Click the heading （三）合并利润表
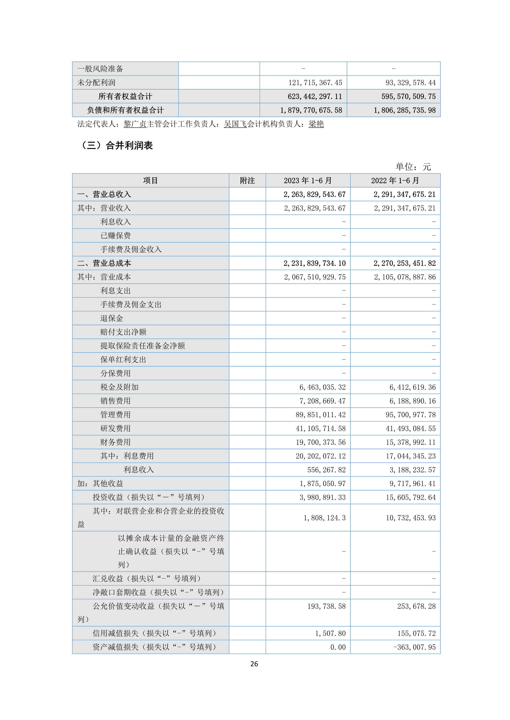[x=117, y=146]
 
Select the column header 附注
[x=247, y=181]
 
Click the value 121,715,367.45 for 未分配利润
[x=315, y=83]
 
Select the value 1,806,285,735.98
[x=405, y=110]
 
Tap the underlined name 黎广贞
[x=135, y=124]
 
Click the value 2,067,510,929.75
[x=315, y=277]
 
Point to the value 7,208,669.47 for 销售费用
[x=322, y=401]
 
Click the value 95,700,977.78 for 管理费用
[x=410, y=415]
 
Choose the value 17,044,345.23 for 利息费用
[x=410, y=456]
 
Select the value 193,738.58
[x=326, y=606]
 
